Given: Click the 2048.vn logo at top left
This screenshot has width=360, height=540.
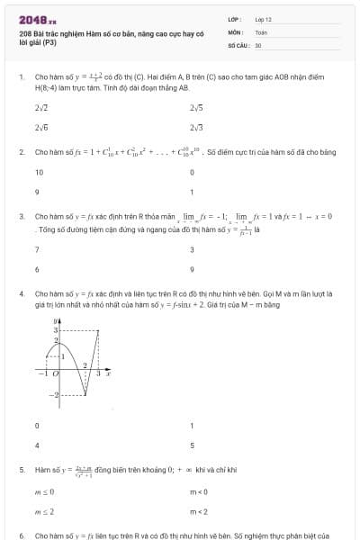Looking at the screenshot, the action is (x=37, y=18).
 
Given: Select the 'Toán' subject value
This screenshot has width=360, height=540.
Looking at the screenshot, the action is (x=261, y=31).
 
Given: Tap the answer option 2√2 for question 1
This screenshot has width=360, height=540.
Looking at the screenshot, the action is (x=41, y=108).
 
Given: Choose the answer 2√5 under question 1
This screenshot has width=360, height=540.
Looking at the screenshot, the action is (x=196, y=108).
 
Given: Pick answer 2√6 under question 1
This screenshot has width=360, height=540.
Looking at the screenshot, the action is (x=41, y=128).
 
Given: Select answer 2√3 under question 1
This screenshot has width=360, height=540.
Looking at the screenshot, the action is (x=196, y=128).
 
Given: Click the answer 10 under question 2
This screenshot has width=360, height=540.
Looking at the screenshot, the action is (x=40, y=172).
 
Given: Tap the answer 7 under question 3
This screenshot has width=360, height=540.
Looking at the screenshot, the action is (x=37, y=249).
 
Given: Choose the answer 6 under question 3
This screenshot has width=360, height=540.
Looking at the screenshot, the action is (x=37, y=269).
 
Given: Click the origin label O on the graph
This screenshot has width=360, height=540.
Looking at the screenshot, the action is (x=56, y=372).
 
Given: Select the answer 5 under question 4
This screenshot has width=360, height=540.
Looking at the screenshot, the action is (x=192, y=445).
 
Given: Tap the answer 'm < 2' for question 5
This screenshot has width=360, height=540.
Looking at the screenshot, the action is (x=198, y=511).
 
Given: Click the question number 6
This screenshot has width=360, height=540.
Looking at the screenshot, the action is (x=21, y=535).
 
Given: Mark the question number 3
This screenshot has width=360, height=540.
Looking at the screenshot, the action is (x=21, y=216).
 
